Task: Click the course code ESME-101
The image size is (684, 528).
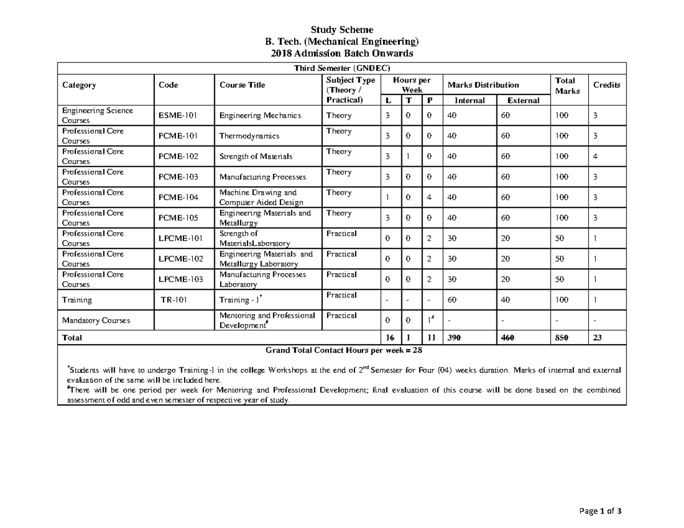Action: point(178,116)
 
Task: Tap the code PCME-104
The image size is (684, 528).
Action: point(178,198)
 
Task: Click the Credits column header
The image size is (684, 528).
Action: point(606,85)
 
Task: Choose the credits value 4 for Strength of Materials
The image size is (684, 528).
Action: point(595,157)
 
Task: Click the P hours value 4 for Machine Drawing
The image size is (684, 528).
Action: point(429,198)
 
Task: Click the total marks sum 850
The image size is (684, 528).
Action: point(562,338)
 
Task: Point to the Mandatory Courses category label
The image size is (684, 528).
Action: point(96,320)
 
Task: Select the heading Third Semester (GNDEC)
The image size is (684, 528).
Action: point(341,68)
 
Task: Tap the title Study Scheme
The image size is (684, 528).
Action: point(341,30)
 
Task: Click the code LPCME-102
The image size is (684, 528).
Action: point(181,259)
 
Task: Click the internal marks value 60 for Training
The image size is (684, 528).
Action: point(452,300)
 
